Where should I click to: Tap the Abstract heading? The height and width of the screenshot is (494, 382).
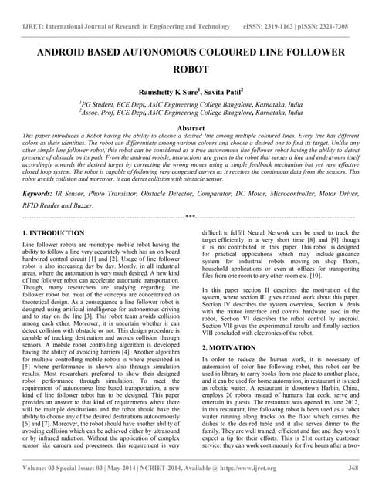point(191,128)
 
